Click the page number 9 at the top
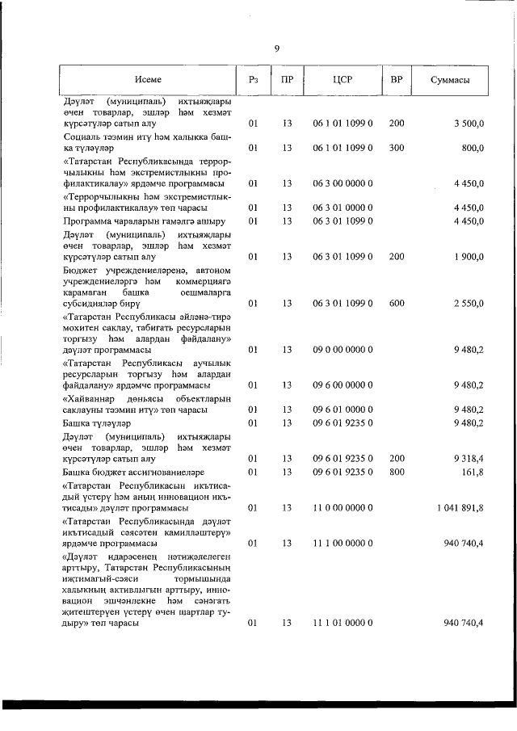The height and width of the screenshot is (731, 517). tap(277, 48)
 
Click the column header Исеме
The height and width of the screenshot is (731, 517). tap(149, 79)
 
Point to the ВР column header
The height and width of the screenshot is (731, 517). tap(396, 79)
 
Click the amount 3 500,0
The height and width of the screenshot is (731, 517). tap(469, 124)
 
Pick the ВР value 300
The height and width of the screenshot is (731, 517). tap(396, 148)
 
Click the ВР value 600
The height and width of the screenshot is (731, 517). tap(396, 303)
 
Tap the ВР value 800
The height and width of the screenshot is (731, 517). tap(396, 471)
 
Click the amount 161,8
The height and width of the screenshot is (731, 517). tap(472, 471)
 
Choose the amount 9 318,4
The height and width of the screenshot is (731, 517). tap(469, 458)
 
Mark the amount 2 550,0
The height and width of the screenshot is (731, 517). tap(469, 303)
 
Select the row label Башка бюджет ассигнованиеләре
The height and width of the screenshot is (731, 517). tap(133, 471)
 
